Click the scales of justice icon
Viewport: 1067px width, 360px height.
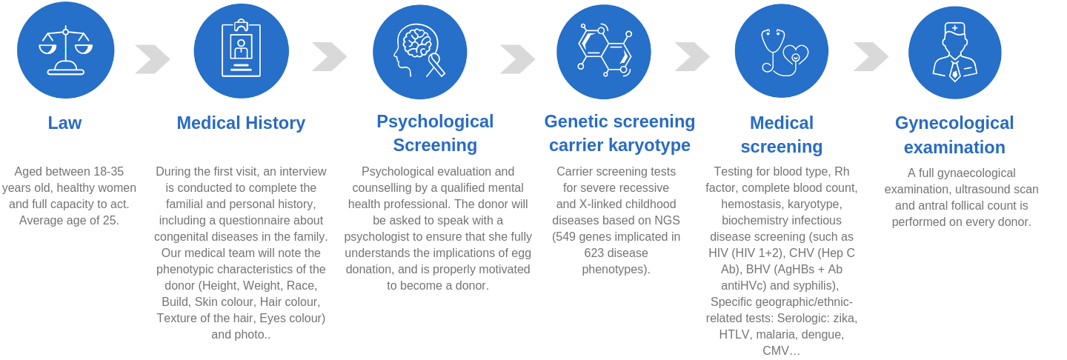[x=66, y=50]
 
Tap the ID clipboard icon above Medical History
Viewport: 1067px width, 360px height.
[x=241, y=48]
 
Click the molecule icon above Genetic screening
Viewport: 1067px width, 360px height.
[x=605, y=50]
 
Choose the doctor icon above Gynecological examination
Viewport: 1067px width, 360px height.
[x=954, y=52]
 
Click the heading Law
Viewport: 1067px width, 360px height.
[x=64, y=123]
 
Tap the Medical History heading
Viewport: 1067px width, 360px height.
[x=241, y=123]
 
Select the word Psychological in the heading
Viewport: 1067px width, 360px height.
[x=435, y=122]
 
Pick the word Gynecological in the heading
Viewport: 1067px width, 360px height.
[x=954, y=123]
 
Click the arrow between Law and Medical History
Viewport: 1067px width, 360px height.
[x=153, y=59]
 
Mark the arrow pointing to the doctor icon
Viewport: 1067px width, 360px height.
[x=871, y=56]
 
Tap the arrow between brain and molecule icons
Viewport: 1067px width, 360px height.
[x=518, y=59]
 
